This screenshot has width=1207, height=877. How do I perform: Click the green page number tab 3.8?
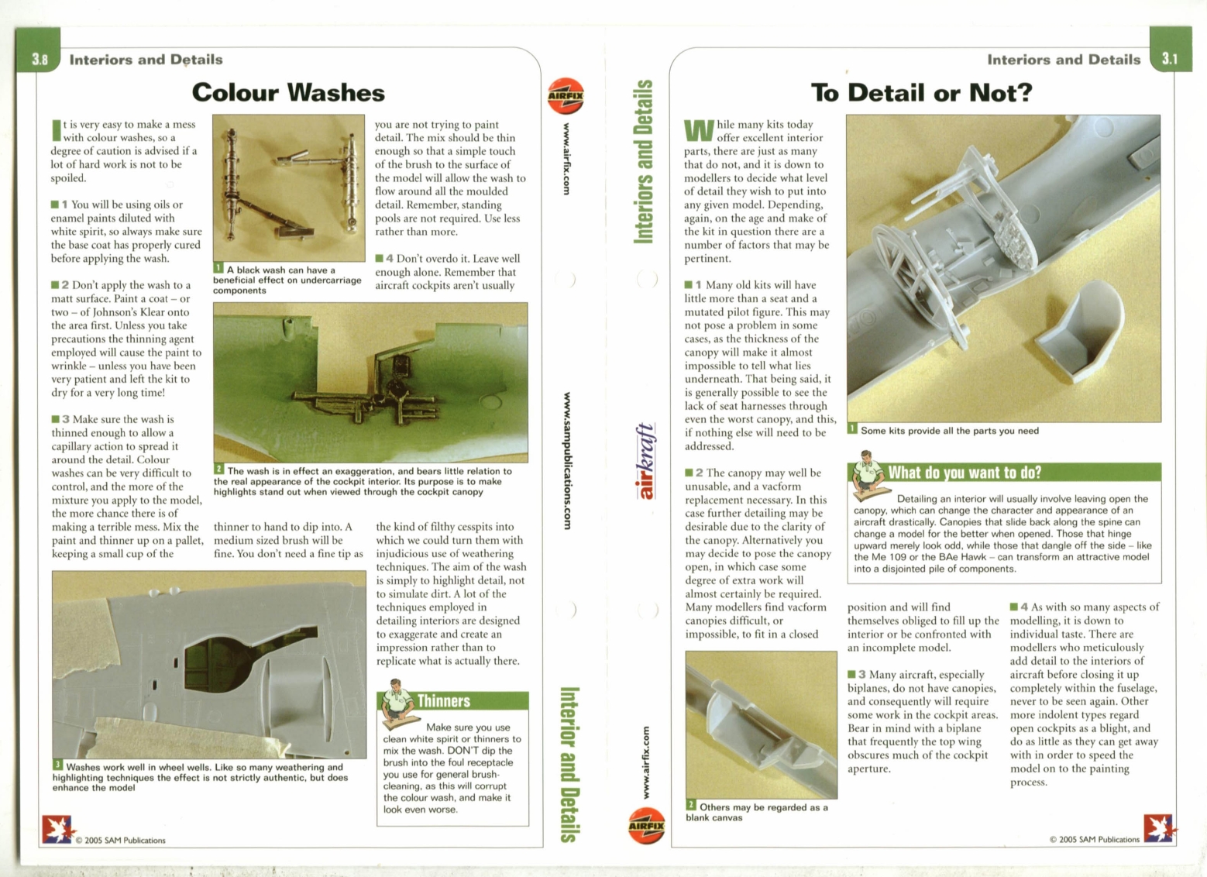(x=39, y=59)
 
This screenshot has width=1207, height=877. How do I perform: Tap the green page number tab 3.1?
(x=1170, y=59)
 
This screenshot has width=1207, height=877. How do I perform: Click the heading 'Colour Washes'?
(x=288, y=93)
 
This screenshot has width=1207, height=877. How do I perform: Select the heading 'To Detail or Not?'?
(x=921, y=93)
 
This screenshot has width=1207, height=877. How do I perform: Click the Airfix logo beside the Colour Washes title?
(x=566, y=96)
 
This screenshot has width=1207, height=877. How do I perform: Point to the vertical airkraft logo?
(x=645, y=461)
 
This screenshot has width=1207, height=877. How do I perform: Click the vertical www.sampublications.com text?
(x=568, y=462)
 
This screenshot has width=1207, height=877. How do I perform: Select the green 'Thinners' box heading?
(x=443, y=701)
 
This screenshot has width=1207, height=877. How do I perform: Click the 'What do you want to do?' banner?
(x=965, y=473)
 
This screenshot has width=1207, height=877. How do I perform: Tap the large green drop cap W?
(x=698, y=131)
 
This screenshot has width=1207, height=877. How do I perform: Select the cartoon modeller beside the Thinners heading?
(x=399, y=703)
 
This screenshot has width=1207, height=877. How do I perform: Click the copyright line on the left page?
(x=120, y=840)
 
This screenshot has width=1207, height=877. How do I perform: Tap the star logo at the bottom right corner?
(x=1159, y=828)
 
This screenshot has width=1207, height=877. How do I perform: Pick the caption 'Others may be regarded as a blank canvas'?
(x=756, y=812)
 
